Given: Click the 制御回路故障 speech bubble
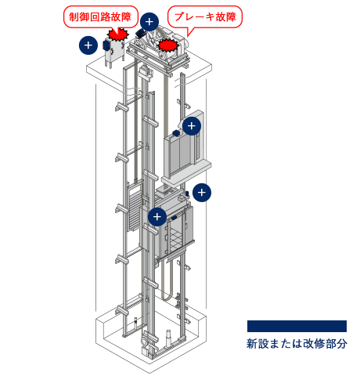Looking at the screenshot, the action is [101, 17].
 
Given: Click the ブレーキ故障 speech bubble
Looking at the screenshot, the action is [205, 17].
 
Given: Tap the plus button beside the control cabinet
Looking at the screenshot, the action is [88, 45].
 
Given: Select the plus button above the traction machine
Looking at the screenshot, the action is [149, 22].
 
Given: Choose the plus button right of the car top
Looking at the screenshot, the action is [202, 193].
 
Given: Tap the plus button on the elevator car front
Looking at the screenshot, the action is [157, 217].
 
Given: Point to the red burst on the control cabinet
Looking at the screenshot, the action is [118, 34].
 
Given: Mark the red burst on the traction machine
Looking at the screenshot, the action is [169, 45].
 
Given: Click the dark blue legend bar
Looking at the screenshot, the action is [297, 326].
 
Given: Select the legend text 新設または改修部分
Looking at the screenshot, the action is [297, 344].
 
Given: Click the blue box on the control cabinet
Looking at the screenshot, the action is [106, 45].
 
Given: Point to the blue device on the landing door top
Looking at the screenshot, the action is [175, 133].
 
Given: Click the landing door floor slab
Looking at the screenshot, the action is [186, 173].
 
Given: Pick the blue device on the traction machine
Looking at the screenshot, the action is [140, 33].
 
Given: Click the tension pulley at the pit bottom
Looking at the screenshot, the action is [144, 341].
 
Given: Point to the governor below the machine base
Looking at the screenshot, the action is [144, 71].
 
